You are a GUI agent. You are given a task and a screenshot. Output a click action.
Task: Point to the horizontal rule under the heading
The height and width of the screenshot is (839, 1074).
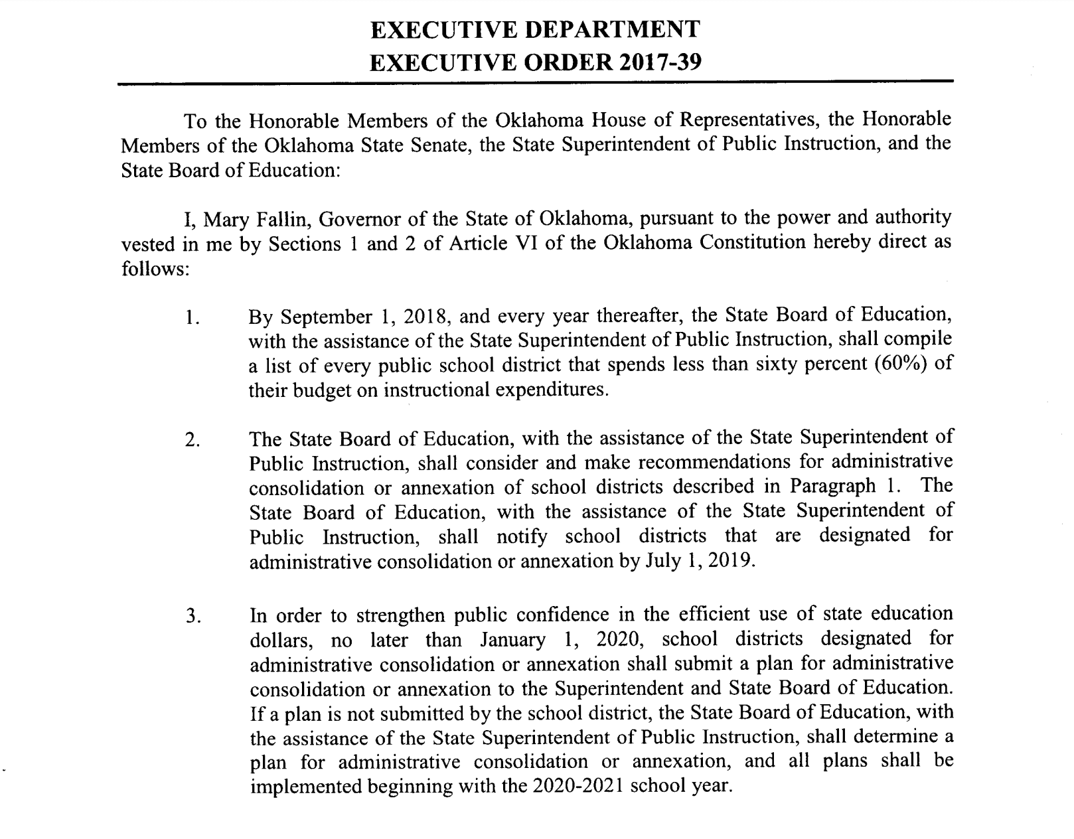tap(535, 82)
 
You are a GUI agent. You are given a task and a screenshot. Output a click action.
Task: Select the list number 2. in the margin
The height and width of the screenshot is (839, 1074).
tap(192, 441)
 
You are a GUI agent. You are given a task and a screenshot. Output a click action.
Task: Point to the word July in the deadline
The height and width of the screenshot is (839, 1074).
tap(664, 561)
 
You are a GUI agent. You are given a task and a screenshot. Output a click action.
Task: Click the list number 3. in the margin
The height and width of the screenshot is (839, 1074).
tap(192, 617)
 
